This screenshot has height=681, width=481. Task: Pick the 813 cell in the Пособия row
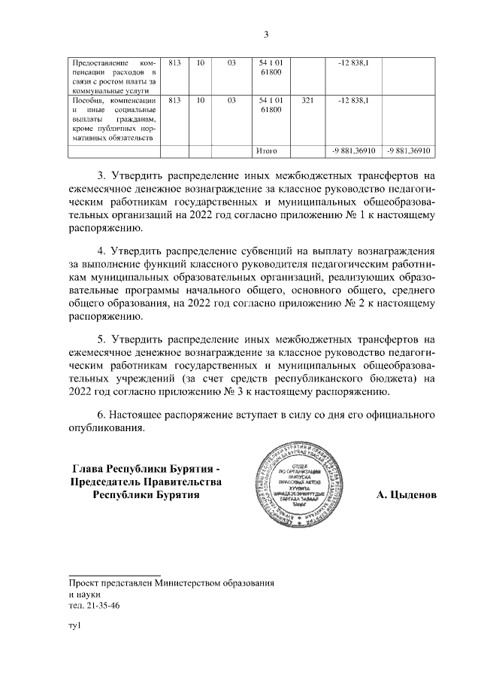(174, 100)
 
